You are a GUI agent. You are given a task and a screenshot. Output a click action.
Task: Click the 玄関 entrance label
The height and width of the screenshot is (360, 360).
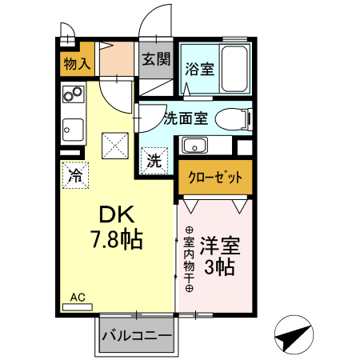point(156,58)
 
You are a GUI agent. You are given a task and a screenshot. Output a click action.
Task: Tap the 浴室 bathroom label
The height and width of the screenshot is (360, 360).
point(200,69)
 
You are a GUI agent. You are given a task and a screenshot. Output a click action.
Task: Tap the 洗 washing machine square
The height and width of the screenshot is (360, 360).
point(154,160)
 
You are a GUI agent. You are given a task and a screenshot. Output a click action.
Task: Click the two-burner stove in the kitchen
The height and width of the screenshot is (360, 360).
point(74,98)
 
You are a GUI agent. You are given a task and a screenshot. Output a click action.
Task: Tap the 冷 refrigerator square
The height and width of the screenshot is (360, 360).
point(74,173)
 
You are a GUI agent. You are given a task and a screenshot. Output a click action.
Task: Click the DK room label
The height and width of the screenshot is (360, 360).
point(119,214)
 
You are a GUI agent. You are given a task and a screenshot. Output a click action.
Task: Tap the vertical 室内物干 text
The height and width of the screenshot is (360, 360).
point(189,260)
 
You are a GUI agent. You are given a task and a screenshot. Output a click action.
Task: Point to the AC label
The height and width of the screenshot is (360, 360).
point(78,297)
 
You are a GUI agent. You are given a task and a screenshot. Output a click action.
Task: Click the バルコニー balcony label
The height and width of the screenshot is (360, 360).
point(136,336)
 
